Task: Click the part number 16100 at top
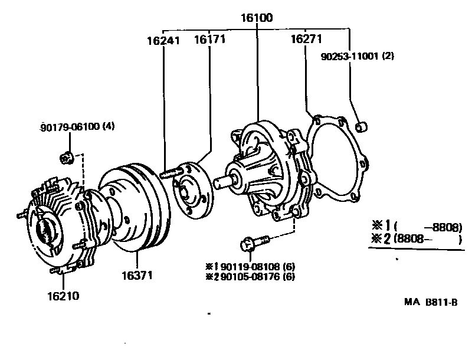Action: click(257, 18)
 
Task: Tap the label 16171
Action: click(210, 40)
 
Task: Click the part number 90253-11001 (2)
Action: click(358, 57)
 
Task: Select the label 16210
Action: click(63, 294)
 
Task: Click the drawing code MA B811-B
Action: click(430, 303)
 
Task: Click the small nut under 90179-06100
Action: click(67, 158)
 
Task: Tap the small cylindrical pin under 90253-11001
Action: click(363, 126)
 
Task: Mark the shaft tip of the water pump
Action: click(219, 183)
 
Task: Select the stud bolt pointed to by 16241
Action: click(170, 173)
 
